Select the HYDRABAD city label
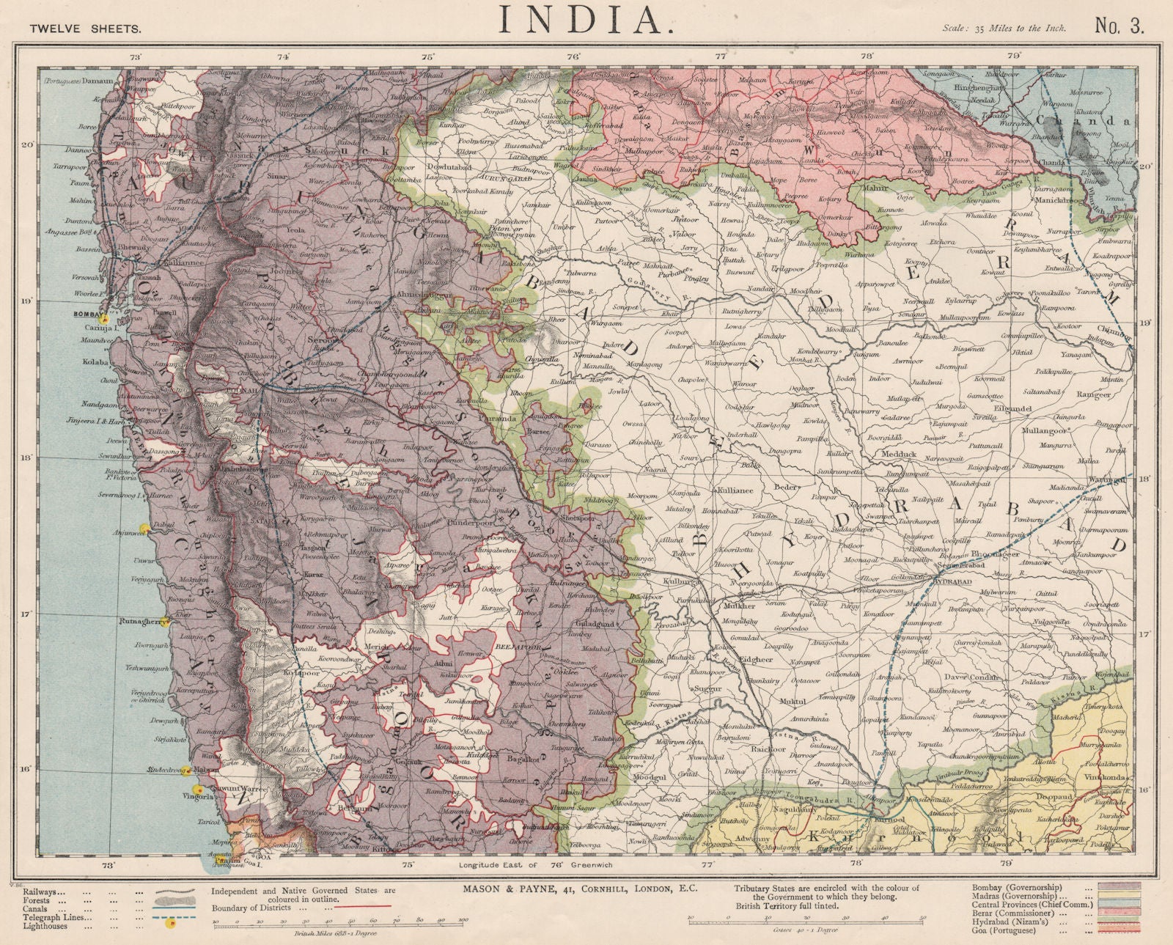(953, 580)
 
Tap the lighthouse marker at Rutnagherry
(169, 622)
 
